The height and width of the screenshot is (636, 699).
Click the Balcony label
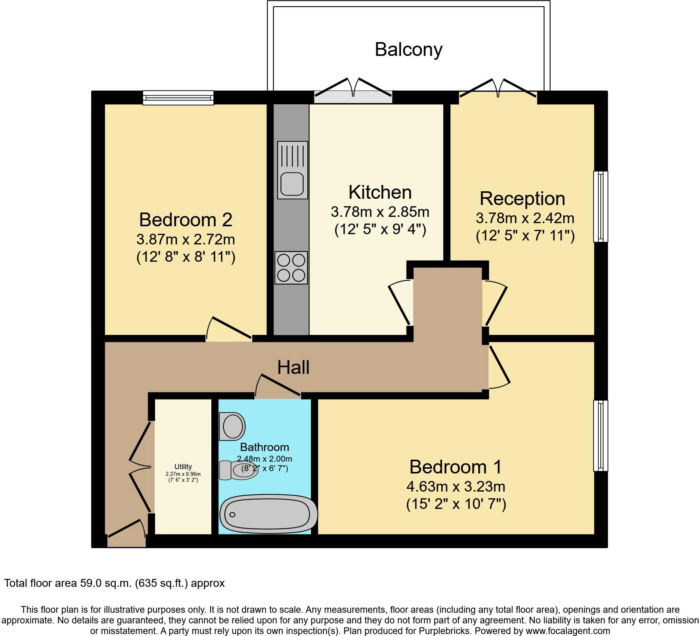pos(409,50)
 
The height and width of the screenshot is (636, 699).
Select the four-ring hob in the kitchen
pos(291,268)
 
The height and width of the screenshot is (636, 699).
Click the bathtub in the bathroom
pos(268,514)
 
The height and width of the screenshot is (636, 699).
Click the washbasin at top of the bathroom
pos(232,426)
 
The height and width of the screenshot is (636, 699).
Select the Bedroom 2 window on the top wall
pos(178,98)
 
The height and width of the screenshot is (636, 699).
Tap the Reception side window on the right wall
pos(600,206)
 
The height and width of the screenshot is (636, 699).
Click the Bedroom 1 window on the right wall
pos(600,435)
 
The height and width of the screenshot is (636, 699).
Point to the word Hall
pos(293,368)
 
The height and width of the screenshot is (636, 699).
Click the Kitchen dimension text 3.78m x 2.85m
pos(380,212)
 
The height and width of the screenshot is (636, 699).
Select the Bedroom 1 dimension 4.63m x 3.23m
pos(456,487)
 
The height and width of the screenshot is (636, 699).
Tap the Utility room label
pos(183,467)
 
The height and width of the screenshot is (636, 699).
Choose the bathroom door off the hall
pos(278,387)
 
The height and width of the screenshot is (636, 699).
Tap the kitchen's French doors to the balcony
pos(353,89)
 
